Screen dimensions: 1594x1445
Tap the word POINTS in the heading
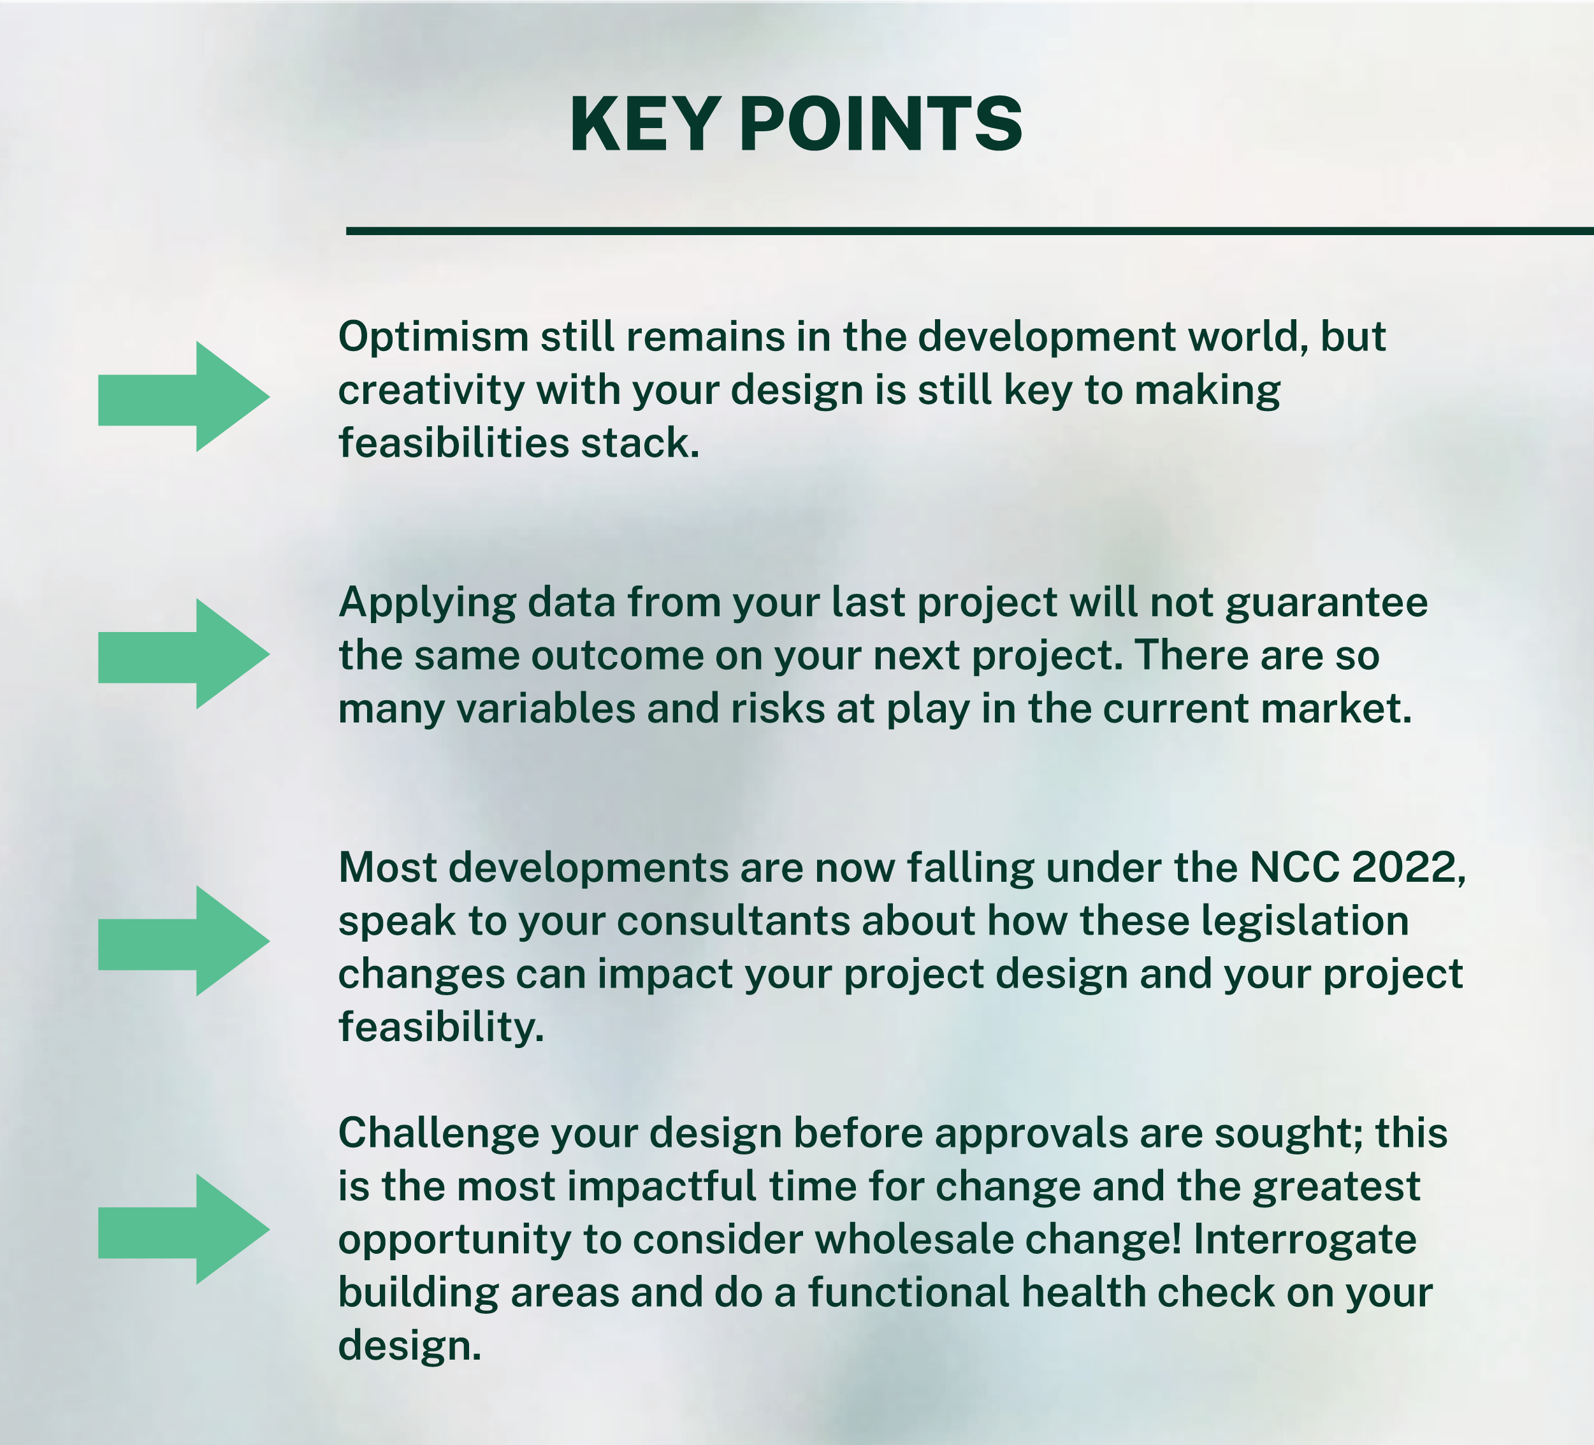click(880, 124)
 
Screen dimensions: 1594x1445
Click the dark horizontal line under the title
click(970, 231)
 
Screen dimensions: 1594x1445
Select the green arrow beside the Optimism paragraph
click(184, 397)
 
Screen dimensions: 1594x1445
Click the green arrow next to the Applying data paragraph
click(184, 654)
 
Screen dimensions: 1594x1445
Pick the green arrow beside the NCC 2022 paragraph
click(184, 940)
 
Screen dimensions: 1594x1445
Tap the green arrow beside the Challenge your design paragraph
click(184, 1229)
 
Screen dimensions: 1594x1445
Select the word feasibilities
click(454, 443)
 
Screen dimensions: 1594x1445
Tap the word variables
click(546, 708)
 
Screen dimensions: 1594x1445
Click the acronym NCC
click(1295, 868)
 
